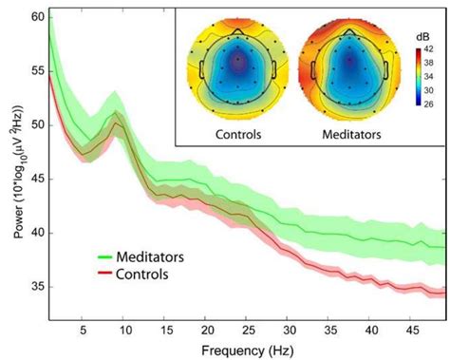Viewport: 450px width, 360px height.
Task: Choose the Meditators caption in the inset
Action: (x=350, y=134)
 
